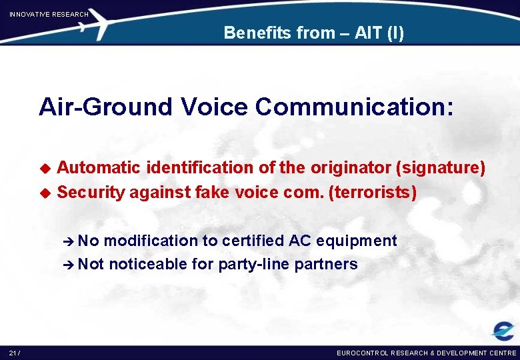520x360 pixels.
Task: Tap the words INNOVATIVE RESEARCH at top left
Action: [x=49, y=14]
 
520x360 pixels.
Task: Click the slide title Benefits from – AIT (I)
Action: [x=313, y=33]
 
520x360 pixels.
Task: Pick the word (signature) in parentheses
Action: [x=441, y=168]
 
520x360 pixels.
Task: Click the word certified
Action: [x=253, y=241]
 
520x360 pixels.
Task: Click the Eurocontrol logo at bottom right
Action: [x=503, y=331]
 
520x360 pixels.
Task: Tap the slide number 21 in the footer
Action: [x=14, y=352]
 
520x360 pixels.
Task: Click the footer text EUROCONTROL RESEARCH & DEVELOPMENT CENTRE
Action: [x=426, y=352]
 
